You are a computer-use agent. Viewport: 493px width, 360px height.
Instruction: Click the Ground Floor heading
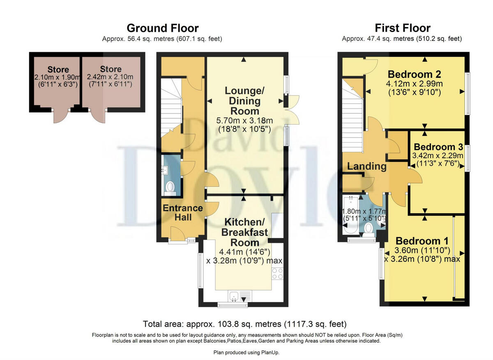tap(163, 28)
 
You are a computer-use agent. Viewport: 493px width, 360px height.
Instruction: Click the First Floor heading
tap(403, 28)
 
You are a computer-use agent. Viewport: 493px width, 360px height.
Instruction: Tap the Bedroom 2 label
tap(414, 74)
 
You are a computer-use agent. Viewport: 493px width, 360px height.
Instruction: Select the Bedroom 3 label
tap(438, 147)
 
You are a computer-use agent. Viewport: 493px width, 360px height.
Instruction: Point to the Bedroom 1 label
tap(422, 241)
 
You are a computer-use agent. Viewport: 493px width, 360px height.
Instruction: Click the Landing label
tap(366, 166)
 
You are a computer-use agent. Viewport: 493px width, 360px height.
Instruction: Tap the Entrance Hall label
tap(183, 213)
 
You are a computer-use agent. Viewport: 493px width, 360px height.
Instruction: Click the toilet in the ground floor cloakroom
tap(170, 188)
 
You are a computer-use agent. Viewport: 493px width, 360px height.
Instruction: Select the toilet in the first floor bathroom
tap(368, 230)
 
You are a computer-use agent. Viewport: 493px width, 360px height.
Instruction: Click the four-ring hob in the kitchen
tap(277, 273)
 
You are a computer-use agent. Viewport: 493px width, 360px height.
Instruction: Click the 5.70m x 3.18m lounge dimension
tap(244, 121)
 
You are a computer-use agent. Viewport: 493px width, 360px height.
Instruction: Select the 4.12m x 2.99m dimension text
tap(414, 84)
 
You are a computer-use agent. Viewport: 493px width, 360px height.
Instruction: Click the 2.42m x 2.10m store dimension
tap(110, 77)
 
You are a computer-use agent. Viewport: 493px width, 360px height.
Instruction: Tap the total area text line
tap(245, 324)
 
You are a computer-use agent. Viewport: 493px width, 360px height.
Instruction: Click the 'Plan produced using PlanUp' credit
tap(246, 353)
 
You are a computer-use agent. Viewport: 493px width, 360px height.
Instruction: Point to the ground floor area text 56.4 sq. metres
tap(151, 39)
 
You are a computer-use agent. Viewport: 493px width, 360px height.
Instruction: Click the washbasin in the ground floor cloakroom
tap(164, 170)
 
